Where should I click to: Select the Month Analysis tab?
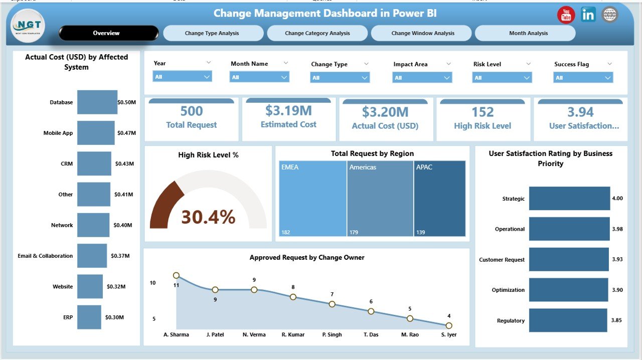coord(525,33)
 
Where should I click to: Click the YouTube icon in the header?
coord(566,15)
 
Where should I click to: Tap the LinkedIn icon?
coord(588,15)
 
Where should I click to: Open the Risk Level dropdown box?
coord(502,78)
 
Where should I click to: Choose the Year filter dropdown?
coord(182,77)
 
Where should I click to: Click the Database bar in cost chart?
coord(97,102)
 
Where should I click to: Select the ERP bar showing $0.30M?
coord(89,317)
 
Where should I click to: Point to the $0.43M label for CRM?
coord(124,164)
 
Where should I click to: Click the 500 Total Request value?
coord(191,111)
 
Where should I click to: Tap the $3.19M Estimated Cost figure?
coord(288,110)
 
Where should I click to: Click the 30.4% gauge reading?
coord(208,217)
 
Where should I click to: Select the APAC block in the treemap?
coord(439,198)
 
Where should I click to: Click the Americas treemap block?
coord(380,198)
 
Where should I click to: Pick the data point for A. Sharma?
coord(176,275)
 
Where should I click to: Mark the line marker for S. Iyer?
coord(449,325)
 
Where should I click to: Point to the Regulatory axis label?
coord(511,321)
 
